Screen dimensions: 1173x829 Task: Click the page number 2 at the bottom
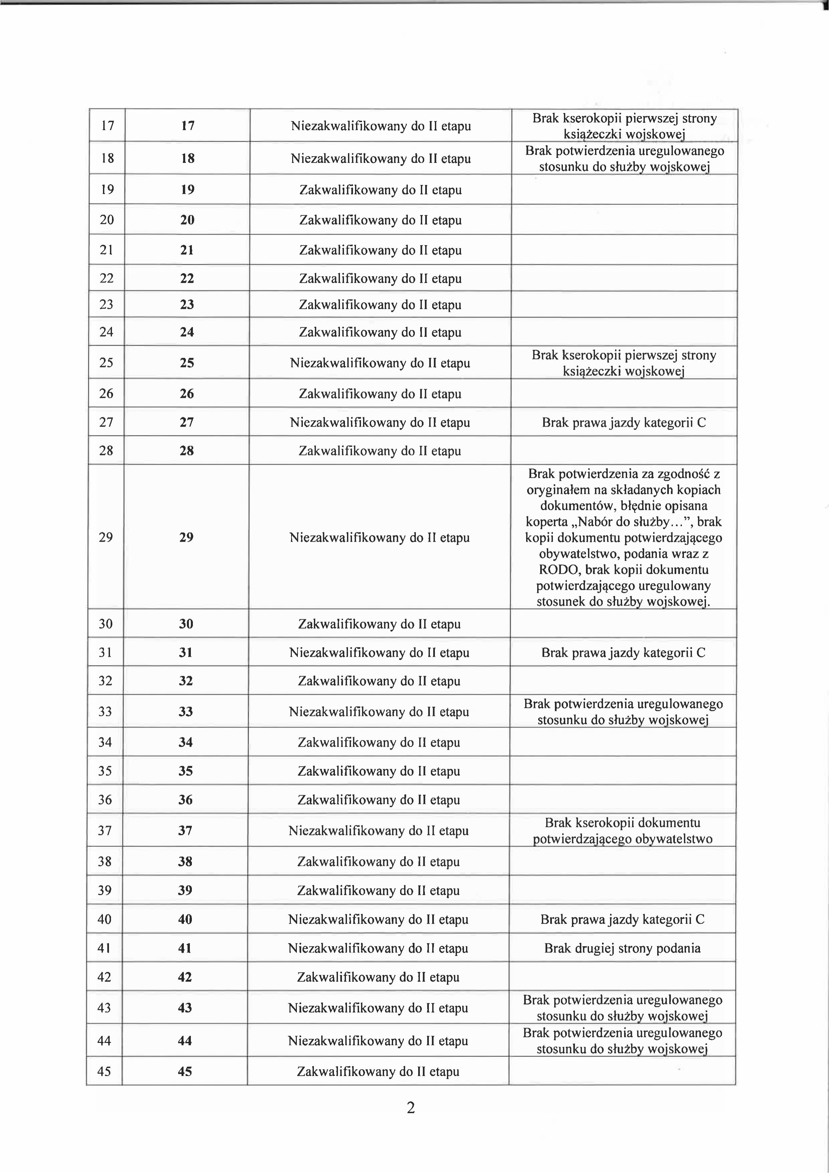411,1107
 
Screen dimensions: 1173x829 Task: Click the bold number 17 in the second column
188,126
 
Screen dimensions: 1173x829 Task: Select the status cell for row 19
380,190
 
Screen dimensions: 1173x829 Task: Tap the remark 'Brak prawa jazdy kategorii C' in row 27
624,423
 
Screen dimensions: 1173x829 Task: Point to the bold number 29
186,537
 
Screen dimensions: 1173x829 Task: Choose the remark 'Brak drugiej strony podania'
622,948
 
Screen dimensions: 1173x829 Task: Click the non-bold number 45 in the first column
104,1071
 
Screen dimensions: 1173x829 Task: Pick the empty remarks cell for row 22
624,278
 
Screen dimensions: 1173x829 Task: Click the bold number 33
186,712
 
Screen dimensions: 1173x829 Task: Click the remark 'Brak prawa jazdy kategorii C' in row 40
622,920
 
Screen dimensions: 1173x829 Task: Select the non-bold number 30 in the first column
105,624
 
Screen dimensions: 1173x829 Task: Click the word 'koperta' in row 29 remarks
547,522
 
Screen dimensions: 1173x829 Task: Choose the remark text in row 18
624,158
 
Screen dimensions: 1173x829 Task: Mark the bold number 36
186,799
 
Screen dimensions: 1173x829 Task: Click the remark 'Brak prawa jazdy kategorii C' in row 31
623,652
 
